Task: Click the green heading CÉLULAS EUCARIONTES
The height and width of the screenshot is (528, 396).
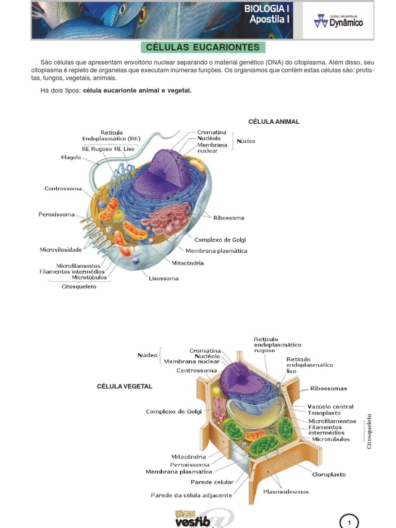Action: point(203,47)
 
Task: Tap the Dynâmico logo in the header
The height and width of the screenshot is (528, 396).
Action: point(338,21)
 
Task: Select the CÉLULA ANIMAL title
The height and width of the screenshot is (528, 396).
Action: point(274,122)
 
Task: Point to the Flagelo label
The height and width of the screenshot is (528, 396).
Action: point(71,157)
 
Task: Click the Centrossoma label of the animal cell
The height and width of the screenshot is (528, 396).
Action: point(63,189)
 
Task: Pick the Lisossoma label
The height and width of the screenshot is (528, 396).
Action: point(163,278)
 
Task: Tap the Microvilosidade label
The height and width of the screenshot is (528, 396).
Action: point(61,250)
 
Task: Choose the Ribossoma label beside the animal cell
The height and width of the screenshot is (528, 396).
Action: point(228,218)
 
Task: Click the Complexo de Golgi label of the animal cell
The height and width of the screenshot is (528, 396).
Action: point(220,240)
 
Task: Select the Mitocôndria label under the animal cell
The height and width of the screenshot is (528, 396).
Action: point(188,263)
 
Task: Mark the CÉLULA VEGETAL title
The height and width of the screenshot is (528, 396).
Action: point(125,386)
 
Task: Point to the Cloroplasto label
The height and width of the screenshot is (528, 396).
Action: point(328,474)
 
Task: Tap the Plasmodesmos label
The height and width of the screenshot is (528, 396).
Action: point(286,491)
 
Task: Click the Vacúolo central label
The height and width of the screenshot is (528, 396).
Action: point(331,406)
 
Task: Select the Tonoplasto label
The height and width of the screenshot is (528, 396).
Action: point(324,413)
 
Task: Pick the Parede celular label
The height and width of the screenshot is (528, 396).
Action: point(212,482)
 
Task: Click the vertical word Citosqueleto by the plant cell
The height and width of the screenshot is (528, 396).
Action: point(369,432)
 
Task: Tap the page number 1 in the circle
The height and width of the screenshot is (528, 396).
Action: point(349,522)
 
